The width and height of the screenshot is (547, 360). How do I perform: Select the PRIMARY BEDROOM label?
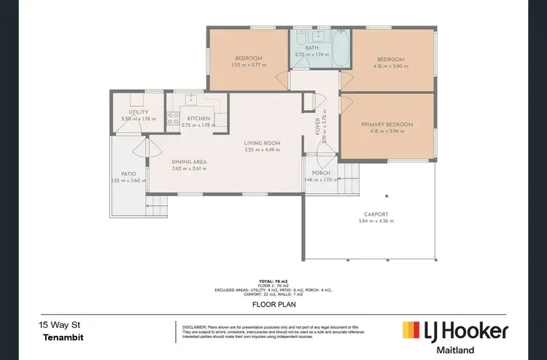pyautogui.click(x=387, y=125)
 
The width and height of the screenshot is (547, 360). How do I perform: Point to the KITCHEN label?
pyautogui.click(x=198, y=118)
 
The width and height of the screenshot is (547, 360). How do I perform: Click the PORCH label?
pyautogui.click(x=322, y=173)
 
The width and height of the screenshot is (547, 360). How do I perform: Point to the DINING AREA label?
pyautogui.click(x=189, y=162)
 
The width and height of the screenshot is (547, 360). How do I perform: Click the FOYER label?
pyautogui.click(x=318, y=126)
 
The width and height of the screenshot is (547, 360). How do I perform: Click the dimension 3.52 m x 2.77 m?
pyautogui.click(x=249, y=65)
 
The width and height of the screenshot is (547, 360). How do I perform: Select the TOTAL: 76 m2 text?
pyautogui.click(x=273, y=281)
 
